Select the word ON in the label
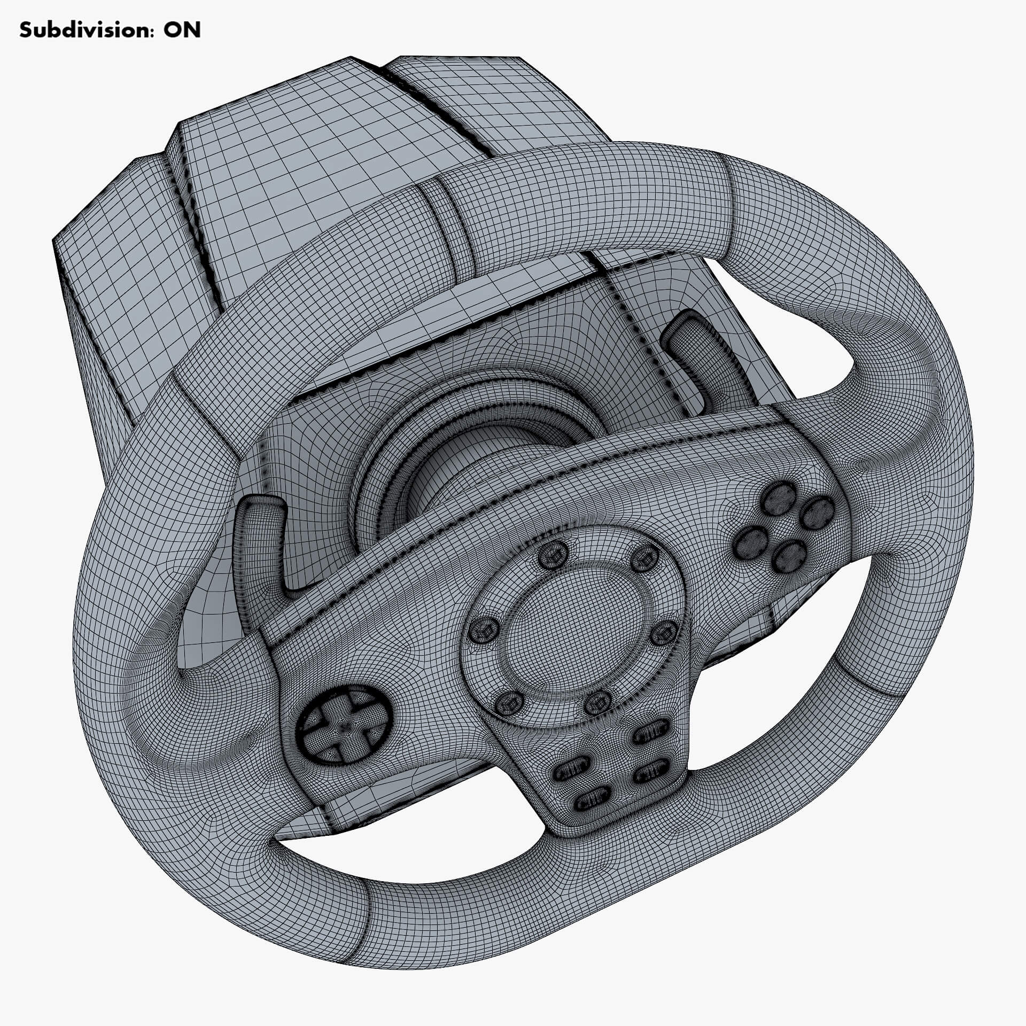coord(182,30)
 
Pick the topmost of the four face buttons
coord(778,498)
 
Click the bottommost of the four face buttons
coord(790,557)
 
